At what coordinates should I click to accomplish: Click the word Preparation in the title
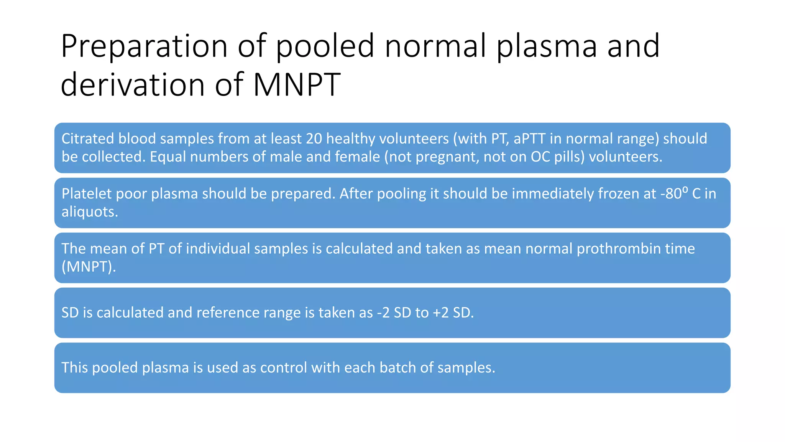click(x=144, y=47)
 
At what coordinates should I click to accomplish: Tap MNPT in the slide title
click(x=296, y=84)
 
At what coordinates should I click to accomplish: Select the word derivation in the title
click(x=133, y=84)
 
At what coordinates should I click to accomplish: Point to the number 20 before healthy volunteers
click(x=314, y=139)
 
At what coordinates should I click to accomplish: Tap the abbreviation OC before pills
click(x=540, y=157)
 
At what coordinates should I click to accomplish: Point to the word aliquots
click(x=90, y=212)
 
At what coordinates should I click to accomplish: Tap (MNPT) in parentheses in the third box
click(x=89, y=267)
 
